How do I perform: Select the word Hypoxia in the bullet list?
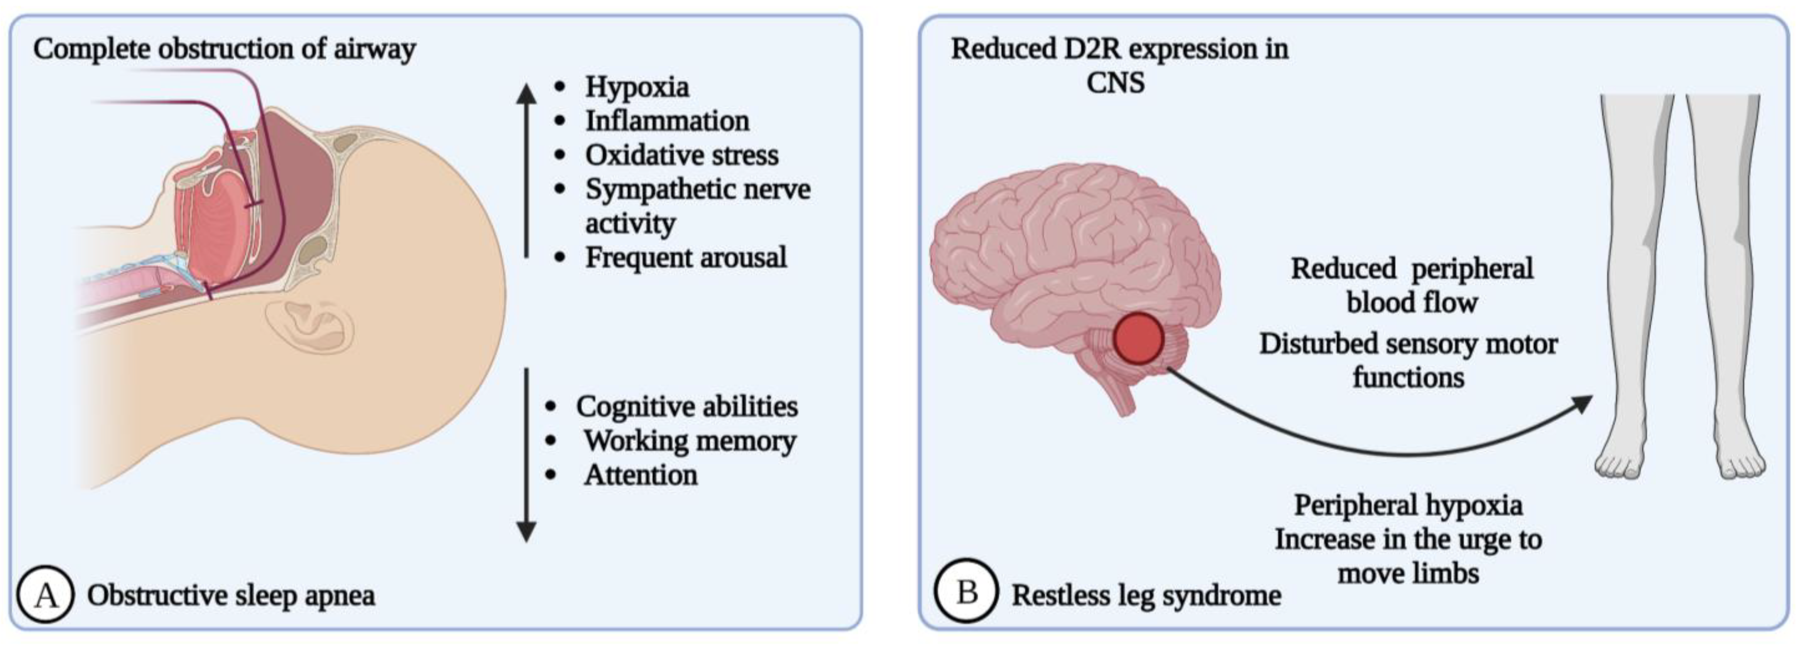[636, 87]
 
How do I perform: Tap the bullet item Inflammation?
[667, 121]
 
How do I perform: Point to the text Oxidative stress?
[681, 155]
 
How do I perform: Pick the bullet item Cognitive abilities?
[686, 407]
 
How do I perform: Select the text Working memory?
[690, 441]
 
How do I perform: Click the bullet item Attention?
[641, 475]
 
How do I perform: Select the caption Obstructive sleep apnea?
[231, 595]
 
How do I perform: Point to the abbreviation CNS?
[1116, 83]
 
